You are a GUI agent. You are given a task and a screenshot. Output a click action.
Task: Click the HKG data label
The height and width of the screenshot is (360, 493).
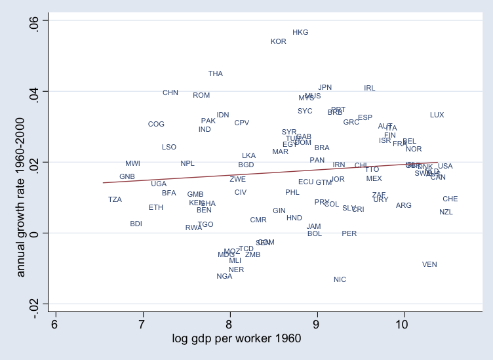coord(300,32)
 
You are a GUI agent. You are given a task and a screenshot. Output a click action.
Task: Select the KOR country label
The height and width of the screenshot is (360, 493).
coord(279,41)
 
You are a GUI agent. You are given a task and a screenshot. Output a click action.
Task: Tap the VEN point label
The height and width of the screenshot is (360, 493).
coord(429,264)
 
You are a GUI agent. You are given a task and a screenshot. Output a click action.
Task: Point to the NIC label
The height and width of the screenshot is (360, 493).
coord(340,279)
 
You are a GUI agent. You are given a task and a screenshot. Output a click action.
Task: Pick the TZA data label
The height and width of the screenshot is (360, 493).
coord(115,199)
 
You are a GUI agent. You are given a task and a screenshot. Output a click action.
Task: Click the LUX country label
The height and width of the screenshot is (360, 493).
coord(437,115)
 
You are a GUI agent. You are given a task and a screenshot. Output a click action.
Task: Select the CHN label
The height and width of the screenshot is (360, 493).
coord(170,92)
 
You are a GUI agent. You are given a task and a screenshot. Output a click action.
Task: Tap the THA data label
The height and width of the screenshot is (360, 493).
coord(216,73)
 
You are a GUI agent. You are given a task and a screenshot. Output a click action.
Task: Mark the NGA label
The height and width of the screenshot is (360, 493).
coord(224,276)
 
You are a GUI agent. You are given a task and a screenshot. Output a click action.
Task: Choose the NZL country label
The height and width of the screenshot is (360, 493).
coord(446,212)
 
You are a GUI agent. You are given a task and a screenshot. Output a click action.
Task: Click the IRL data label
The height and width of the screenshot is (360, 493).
coord(370,88)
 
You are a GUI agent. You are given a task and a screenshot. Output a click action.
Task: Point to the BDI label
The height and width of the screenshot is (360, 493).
coord(136,224)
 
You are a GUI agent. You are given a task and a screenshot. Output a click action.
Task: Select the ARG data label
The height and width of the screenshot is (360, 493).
coord(404,205)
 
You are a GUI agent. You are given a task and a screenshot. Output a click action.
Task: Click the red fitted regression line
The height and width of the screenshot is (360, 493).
coord(262,174)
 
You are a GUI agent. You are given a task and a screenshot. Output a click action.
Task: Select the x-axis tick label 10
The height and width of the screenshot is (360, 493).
coord(404,325)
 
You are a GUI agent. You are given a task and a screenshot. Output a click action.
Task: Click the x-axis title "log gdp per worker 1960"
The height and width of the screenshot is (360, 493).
coord(237,338)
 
